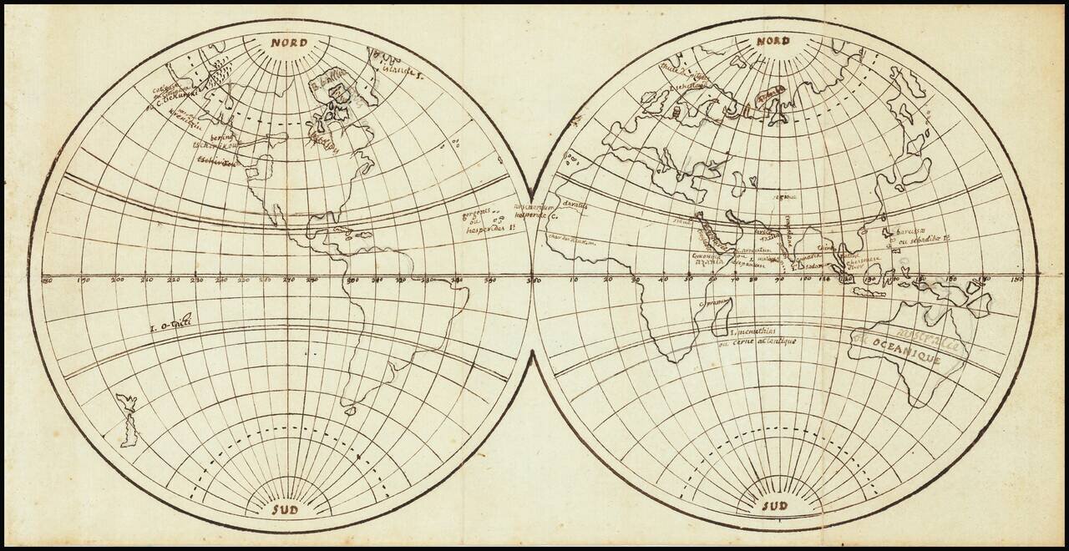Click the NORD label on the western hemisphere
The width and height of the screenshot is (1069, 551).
(x=287, y=42)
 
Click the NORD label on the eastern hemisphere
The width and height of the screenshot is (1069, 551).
(x=773, y=41)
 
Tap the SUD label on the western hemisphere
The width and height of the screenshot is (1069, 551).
(x=287, y=508)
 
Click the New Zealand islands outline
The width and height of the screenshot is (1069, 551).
(x=127, y=422)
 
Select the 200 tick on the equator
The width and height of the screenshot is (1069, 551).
(x=117, y=280)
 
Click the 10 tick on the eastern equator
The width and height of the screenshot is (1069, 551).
(x=573, y=280)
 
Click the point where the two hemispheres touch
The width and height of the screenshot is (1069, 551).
(x=531, y=275)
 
